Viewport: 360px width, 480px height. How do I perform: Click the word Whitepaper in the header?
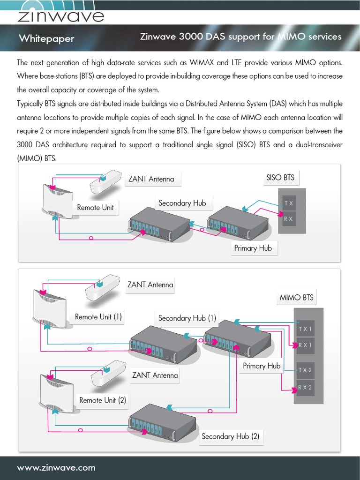tap(46, 38)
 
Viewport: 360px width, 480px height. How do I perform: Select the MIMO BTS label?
tap(296, 298)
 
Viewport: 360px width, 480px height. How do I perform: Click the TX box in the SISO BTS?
tap(289, 203)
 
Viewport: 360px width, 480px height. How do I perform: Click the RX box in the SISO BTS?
tap(289, 218)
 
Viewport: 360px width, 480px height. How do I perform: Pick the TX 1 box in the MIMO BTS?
tap(305, 329)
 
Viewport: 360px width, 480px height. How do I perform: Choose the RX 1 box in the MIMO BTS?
tap(305, 345)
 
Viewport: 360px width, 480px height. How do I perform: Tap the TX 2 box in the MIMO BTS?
tap(305, 370)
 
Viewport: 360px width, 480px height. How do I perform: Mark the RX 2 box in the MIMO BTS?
tap(305, 388)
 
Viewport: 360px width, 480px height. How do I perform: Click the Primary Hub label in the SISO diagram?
tap(253, 248)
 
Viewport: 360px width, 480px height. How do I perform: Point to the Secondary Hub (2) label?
tap(230, 436)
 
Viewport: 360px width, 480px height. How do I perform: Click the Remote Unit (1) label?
tap(98, 317)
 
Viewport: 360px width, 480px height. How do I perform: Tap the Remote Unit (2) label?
tap(103, 400)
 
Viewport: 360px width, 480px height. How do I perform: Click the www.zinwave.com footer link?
tap(56, 467)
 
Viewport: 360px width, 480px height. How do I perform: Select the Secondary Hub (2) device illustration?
tap(162, 419)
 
